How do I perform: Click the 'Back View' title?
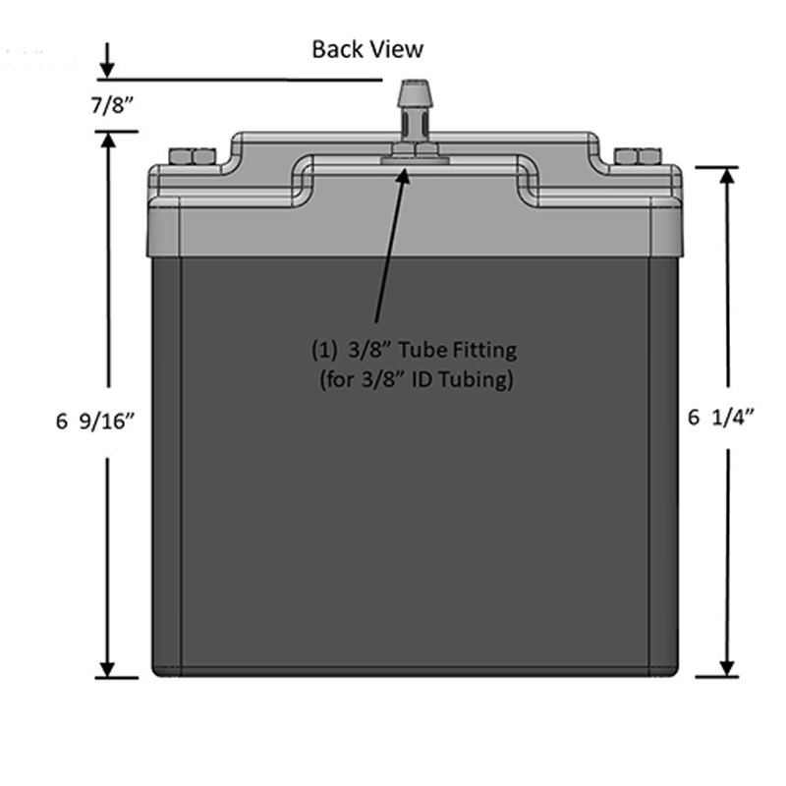[x=367, y=49]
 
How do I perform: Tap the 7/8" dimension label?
[x=113, y=105]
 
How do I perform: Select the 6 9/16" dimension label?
[x=95, y=421]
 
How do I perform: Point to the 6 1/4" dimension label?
[x=721, y=417]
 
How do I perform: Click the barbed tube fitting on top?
[x=414, y=110]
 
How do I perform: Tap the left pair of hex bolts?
[x=193, y=156]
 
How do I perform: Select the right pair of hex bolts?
[x=638, y=156]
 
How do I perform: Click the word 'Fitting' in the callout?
[x=484, y=350]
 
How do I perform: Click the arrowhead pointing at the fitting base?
[x=404, y=176]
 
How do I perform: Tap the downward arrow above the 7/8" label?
[x=107, y=60]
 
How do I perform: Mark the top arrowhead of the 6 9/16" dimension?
[x=108, y=140]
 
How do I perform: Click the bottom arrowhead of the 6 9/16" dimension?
[x=108, y=669]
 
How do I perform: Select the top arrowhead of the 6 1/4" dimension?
[x=727, y=176]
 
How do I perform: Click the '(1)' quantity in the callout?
[x=324, y=350]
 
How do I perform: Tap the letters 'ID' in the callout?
[x=421, y=379]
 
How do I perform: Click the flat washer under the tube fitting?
[x=414, y=160]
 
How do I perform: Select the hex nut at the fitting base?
[x=415, y=149]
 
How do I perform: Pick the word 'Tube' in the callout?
[x=422, y=350]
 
